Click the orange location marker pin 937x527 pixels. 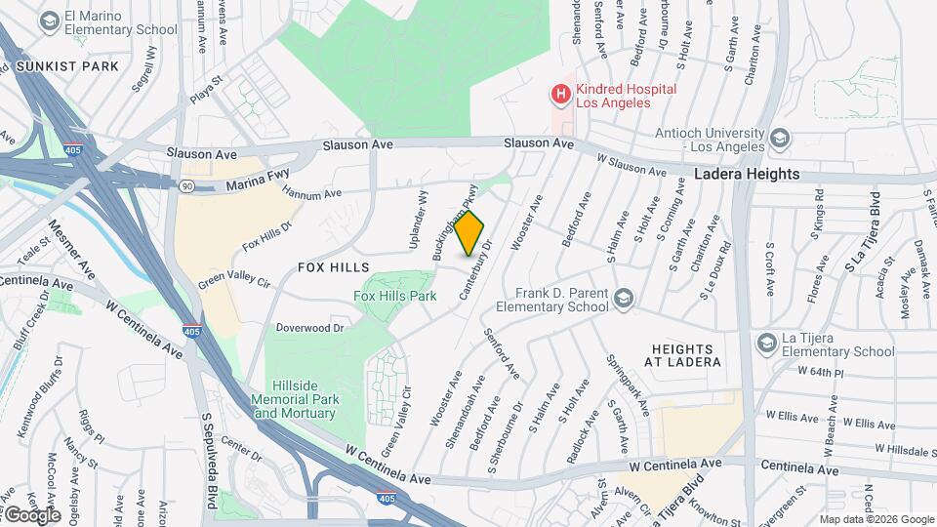[x=469, y=233]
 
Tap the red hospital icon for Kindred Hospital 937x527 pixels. [x=560, y=95]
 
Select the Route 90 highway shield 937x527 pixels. [x=185, y=185]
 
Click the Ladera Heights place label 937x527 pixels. [x=747, y=174]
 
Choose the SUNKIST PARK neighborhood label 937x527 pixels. [x=73, y=66]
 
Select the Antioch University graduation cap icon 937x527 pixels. [x=779, y=139]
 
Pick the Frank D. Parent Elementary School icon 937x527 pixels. [x=624, y=298]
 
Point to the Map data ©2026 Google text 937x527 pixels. [x=876, y=519]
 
